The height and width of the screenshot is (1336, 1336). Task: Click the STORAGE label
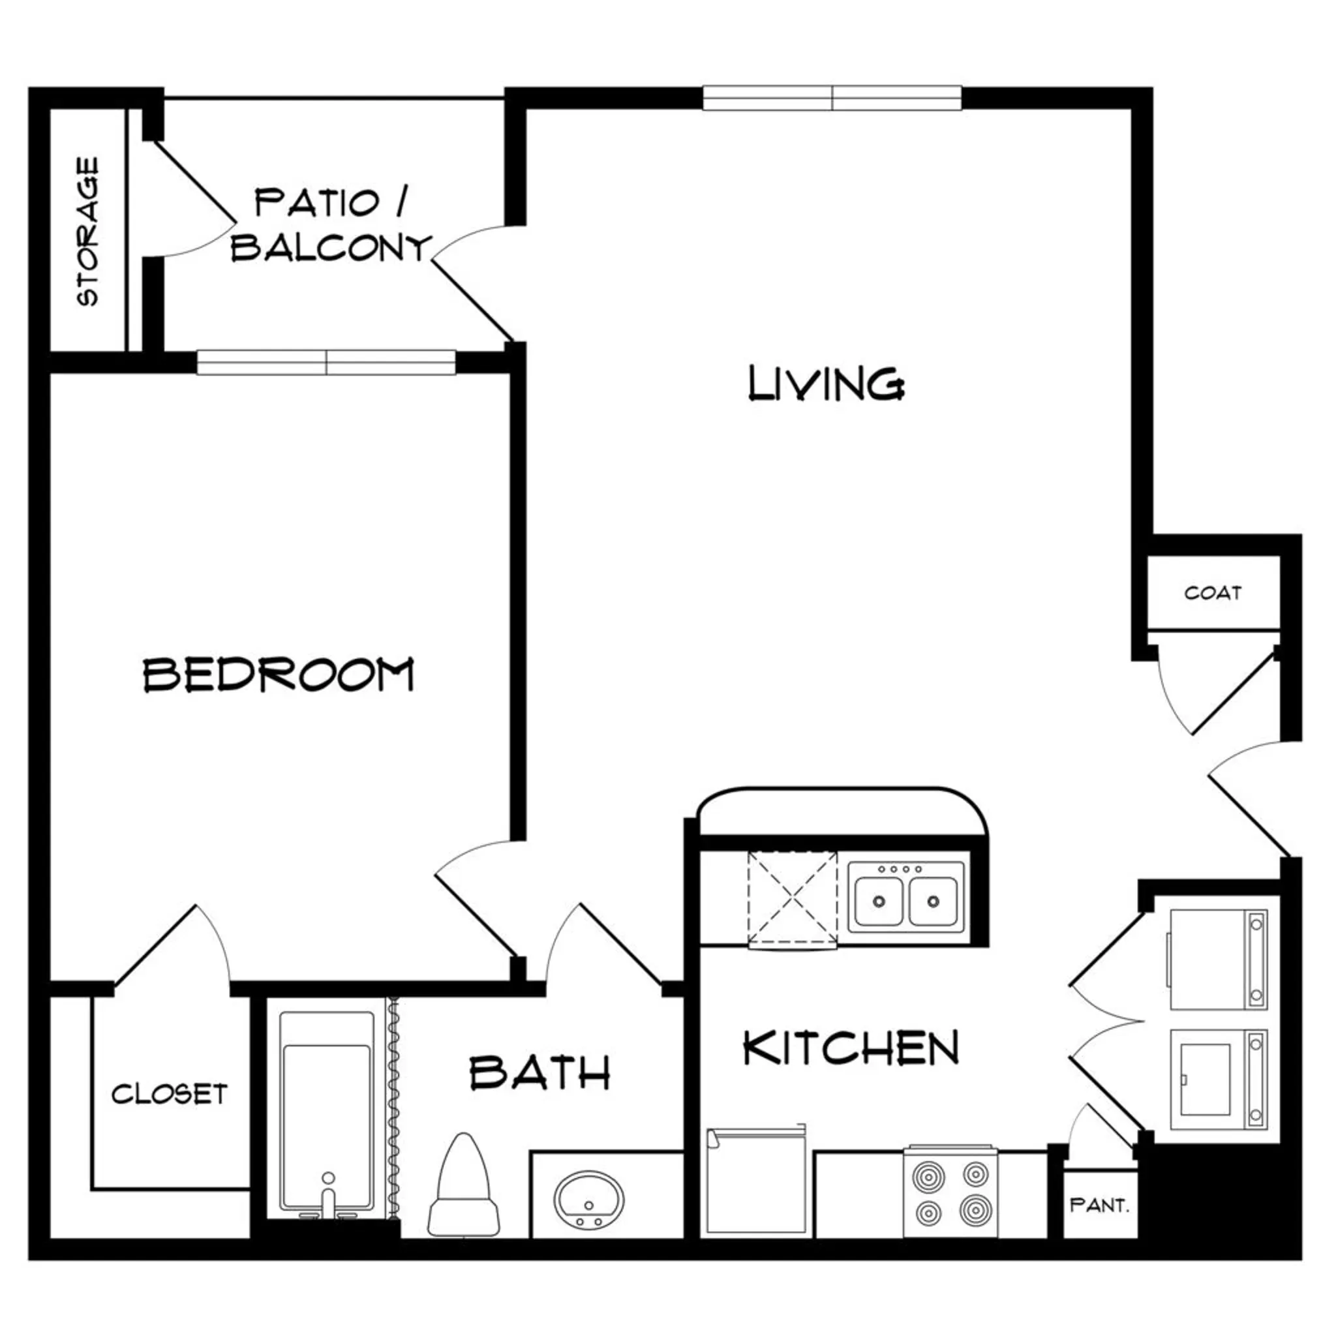tap(88, 232)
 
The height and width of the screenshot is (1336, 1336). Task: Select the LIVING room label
tap(827, 384)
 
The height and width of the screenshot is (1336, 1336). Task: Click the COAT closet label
tap(1212, 592)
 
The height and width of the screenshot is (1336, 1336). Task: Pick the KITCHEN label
tap(851, 1048)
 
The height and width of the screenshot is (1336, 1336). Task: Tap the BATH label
tap(539, 1073)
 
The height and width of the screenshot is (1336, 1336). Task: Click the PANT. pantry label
tap(1099, 1206)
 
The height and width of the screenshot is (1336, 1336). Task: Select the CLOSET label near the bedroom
tap(170, 1094)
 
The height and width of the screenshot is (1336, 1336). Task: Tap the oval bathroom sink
tap(589, 1200)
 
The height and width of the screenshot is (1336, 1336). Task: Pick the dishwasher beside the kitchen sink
tap(793, 900)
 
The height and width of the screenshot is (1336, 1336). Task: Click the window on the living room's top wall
tap(832, 99)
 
